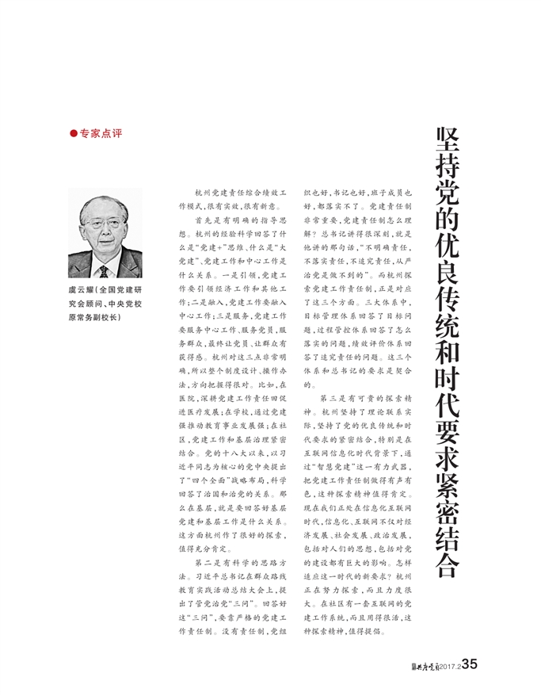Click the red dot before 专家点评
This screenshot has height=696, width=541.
click(74, 133)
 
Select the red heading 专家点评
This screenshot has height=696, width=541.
click(101, 133)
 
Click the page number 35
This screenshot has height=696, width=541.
click(469, 663)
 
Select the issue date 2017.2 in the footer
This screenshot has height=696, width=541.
click(445, 664)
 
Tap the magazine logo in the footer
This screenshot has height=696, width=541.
click(414, 664)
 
